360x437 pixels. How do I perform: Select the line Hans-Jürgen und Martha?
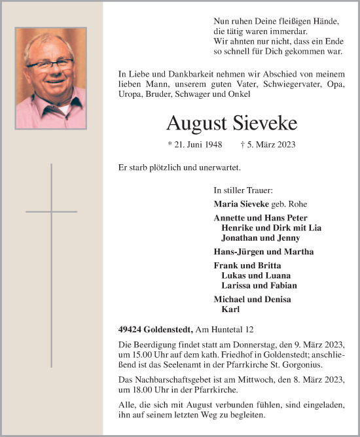pos(254,251)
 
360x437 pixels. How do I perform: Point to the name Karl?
pos(231,309)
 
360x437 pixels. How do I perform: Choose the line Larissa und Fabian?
pos(259,285)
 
